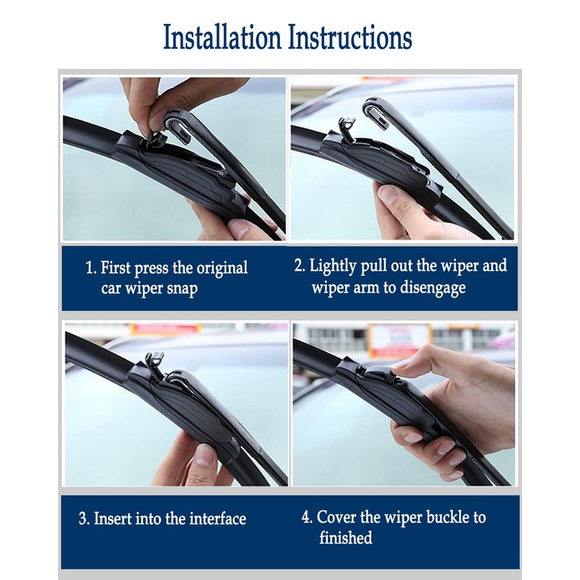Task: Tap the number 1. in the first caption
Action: point(91,268)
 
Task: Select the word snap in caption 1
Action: point(179,289)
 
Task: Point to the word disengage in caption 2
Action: point(430,287)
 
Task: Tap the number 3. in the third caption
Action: point(85,519)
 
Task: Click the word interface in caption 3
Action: point(217,519)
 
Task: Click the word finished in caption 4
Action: point(346,538)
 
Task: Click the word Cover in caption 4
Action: point(337,518)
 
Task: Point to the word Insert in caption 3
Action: point(115,519)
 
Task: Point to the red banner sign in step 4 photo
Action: point(397,339)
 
